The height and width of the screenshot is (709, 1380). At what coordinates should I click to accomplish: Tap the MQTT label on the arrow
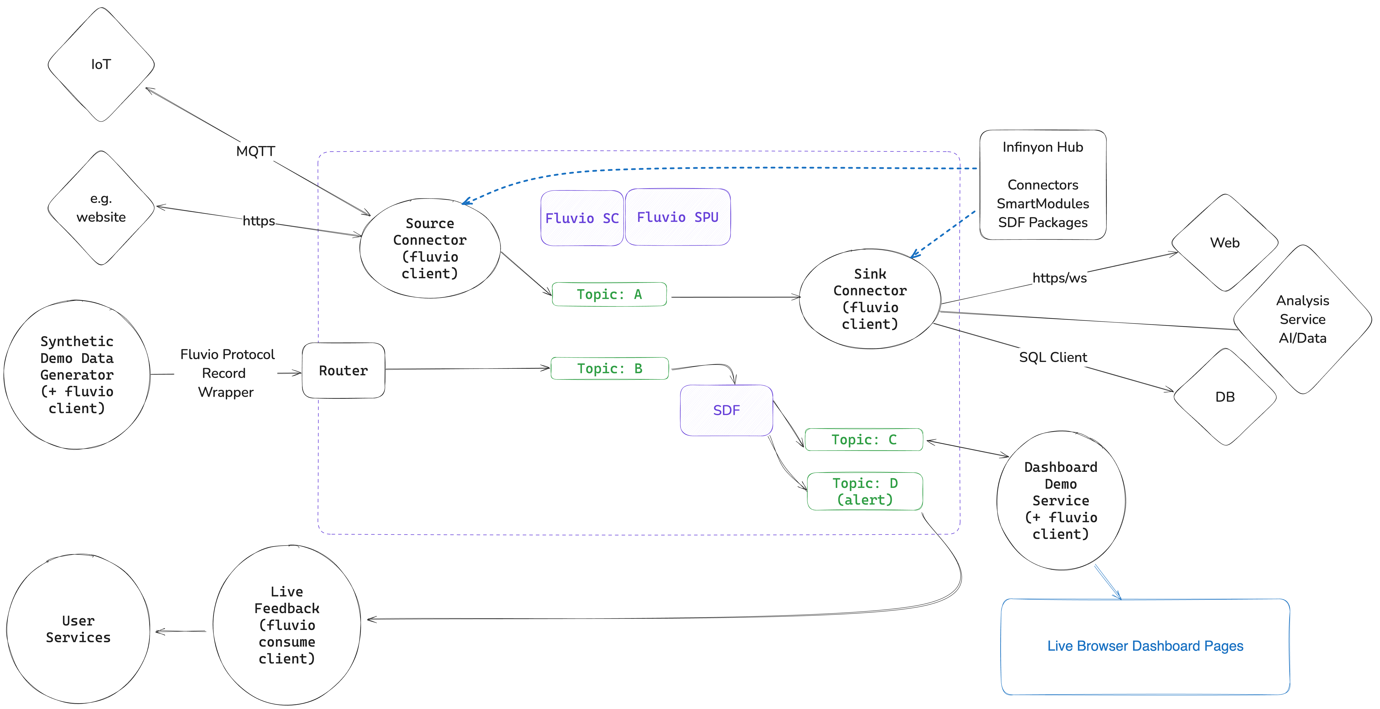coord(255,152)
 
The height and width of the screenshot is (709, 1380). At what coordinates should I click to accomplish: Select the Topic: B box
coord(610,368)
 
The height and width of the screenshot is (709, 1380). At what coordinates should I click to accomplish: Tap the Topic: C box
coord(864,440)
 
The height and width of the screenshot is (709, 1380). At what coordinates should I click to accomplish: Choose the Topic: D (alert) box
coord(865,491)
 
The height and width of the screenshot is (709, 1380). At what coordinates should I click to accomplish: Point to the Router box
coord(343,370)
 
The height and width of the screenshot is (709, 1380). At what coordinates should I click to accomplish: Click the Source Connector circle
coord(430,248)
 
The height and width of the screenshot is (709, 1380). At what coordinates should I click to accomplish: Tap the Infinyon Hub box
coord(1043,185)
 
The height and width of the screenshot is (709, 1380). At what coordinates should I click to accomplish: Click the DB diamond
coord(1225,397)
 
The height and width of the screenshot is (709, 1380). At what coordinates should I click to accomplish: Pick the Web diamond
coord(1225,243)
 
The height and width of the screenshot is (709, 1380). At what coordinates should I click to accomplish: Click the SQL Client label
coord(1053,357)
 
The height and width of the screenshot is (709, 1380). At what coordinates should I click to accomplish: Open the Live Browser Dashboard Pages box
coord(1145,646)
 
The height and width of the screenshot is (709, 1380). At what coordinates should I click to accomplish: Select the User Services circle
coord(78,629)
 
